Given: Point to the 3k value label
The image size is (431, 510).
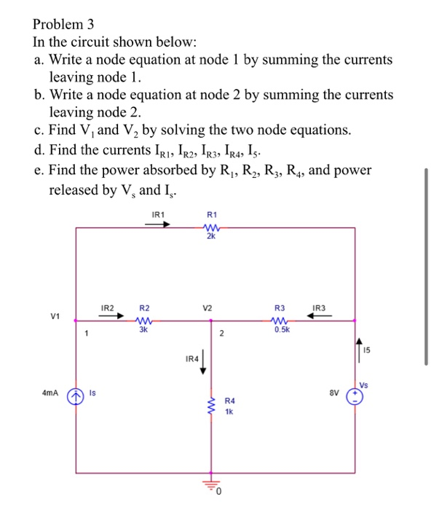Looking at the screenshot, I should point(144,329).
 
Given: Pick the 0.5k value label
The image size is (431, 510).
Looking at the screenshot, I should point(281,329).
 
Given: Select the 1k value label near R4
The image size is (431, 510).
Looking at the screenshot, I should point(228,412).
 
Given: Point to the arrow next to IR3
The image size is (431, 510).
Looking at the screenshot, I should point(322,316).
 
